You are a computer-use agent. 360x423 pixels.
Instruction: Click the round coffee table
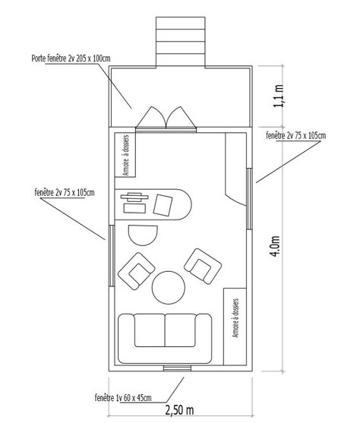click(x=169, y=288)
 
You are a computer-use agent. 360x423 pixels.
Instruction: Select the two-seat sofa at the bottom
click(x=165, y=338)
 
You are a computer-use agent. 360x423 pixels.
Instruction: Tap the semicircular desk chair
click(x=143, y=235)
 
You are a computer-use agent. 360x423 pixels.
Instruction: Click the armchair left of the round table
click(x=137, y=271)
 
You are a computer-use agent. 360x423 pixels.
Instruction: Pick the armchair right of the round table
click(x=203, y=266)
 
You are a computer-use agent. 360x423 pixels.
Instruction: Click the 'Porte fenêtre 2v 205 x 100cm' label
click(x=71, y=58)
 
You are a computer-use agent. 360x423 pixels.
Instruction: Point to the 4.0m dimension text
click(x=276, y=246)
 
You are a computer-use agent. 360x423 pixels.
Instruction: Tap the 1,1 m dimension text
click(x=278, y=96)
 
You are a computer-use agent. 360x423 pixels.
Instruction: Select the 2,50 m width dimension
click(x=179, y=410)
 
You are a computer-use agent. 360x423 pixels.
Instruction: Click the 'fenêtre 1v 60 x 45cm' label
click(x=123, y=397)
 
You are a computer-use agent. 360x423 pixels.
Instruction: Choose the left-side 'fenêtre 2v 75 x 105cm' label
click(x=65, y=193)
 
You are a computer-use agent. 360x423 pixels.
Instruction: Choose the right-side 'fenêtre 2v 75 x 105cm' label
click(x=296, y=135)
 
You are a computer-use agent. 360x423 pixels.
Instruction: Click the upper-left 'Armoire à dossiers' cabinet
click(x=125, y=155)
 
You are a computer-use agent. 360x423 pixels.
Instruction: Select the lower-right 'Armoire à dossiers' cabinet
click(x=235, y=327)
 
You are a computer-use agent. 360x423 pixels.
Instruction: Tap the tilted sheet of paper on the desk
click(x=163, y=205)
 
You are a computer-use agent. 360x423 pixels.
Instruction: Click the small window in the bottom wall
click(x=177, y=368)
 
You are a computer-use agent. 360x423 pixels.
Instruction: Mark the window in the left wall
click(x=112, y=256)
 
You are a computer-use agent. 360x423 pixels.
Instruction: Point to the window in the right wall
click(x=249, y=199)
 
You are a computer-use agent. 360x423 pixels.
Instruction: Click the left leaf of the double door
click(x=151, y=117)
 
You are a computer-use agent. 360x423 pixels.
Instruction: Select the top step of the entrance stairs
click(x=181, y=23)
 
